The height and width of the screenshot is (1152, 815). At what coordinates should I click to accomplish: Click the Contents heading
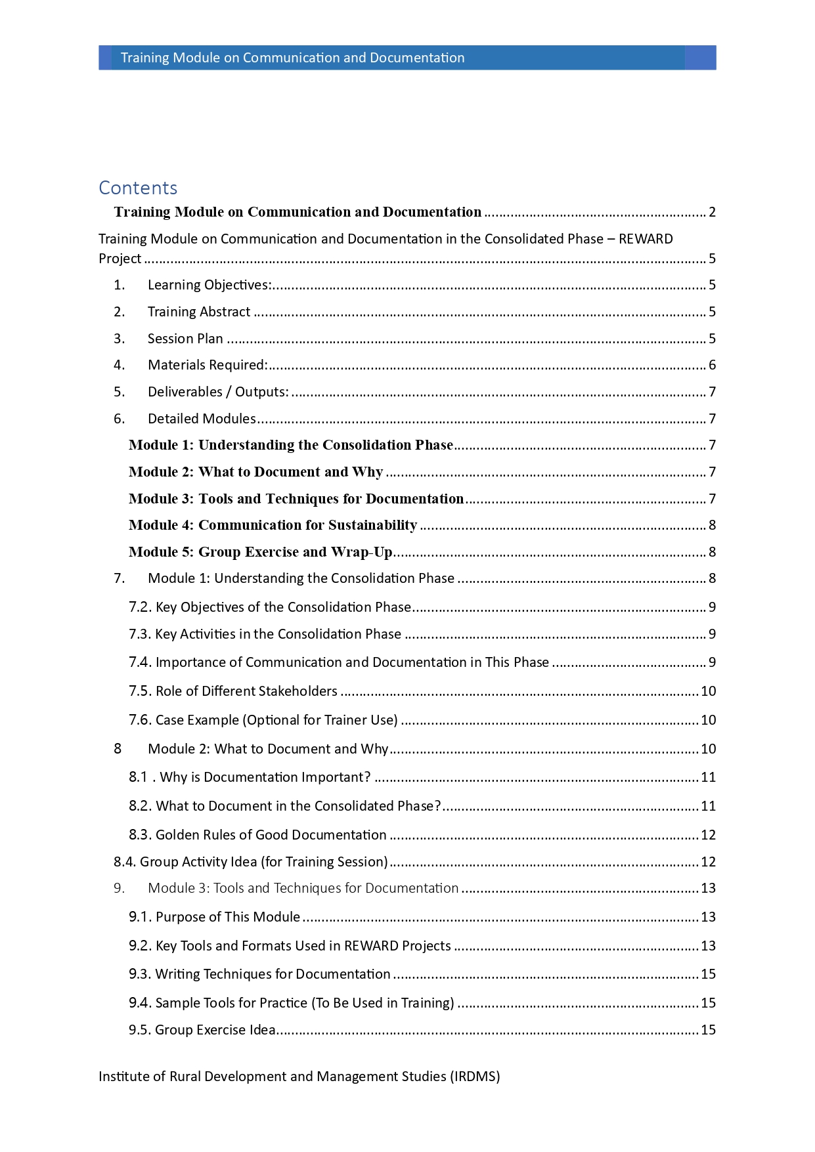(x=138, y=188)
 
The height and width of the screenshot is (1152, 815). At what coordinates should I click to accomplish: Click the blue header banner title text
(x=292, y=58)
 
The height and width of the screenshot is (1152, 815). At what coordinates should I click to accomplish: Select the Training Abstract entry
(x=198, y=312)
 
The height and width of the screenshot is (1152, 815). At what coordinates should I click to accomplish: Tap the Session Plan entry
(x=185, y=339)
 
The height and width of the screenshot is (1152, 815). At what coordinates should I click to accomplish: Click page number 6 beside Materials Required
(x=712, y=365)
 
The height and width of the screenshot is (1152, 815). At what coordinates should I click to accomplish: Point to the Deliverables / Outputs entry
(x=217, y=392)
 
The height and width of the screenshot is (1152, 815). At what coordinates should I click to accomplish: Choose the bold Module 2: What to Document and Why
(x=255, y=472)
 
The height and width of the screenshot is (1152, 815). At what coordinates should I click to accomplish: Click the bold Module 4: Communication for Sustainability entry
(x=273, y=525)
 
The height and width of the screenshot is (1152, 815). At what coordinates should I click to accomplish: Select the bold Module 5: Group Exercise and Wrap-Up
(x=260, y=552)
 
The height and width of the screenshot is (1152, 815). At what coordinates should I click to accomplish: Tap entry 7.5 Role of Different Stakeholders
(x=233, y=691)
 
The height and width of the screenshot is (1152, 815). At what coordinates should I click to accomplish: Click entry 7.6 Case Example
(x=263, y=720)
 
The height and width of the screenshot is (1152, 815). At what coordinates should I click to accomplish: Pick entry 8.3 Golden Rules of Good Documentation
(x=257, y=835)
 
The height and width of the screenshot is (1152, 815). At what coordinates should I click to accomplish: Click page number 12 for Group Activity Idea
(x=708, y=862)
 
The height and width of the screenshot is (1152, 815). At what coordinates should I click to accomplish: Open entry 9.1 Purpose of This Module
(x=214, y=917)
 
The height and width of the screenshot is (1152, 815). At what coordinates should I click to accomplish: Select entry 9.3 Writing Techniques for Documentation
(x=259, y=974)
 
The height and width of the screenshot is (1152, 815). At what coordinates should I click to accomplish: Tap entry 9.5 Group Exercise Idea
(x=202, y=1030)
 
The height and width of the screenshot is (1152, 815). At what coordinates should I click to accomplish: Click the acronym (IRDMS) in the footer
(x=475, y=1077)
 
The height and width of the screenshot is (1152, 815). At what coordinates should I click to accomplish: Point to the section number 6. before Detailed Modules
(x=119, y=419)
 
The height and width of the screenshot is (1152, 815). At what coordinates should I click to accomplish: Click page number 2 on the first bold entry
(x=712, y=212)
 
